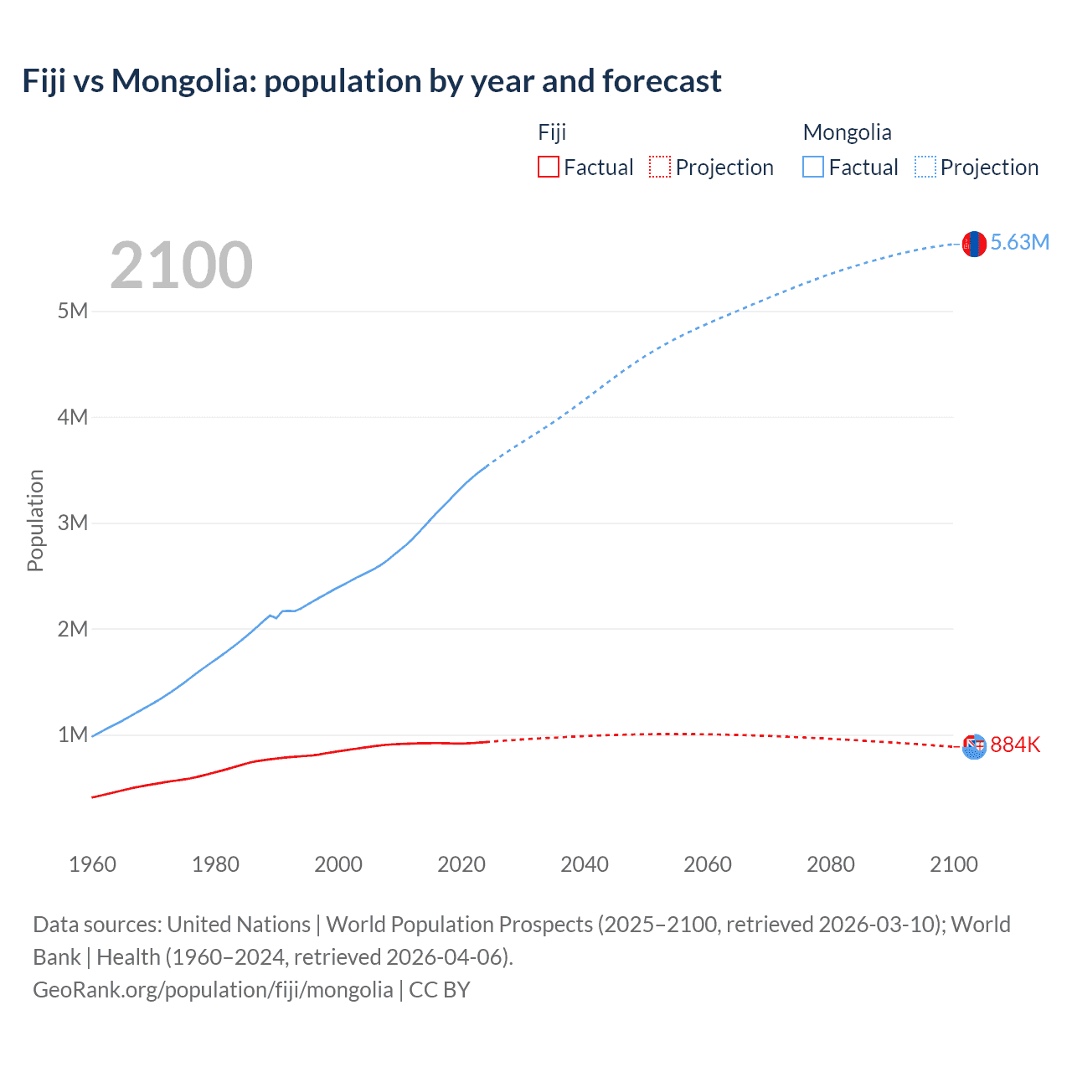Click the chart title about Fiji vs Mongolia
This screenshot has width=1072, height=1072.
pos(371,81)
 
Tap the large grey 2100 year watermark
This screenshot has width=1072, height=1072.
pos(181,265)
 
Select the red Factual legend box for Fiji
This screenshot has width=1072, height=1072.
pos(548,167)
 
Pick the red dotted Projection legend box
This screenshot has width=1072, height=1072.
pos(660,167)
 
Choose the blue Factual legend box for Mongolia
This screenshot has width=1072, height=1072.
pos(813,167)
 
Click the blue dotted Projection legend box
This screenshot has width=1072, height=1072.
pos(925,167)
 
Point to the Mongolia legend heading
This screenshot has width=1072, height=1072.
pos(847,132)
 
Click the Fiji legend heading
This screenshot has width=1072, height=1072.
pos(552,132)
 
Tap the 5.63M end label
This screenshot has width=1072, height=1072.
pos(1019,243)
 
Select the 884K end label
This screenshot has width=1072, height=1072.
pos(1015,745)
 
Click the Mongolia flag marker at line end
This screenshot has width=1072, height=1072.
pos(974,244)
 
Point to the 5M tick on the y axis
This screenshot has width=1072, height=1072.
pos(73,311)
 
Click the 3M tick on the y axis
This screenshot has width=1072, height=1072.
pos(73,523)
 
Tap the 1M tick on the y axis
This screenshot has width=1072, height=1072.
pos(73,734)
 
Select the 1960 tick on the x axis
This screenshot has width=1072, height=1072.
pos(92,864)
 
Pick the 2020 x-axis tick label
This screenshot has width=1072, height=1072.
pos(461,864)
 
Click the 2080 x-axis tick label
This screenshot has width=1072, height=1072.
pos(831,864)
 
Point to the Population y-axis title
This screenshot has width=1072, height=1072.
pos(35,520)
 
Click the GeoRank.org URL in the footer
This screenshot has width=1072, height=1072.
pos(213,990)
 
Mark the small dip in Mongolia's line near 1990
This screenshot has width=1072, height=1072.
pos(276,617)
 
